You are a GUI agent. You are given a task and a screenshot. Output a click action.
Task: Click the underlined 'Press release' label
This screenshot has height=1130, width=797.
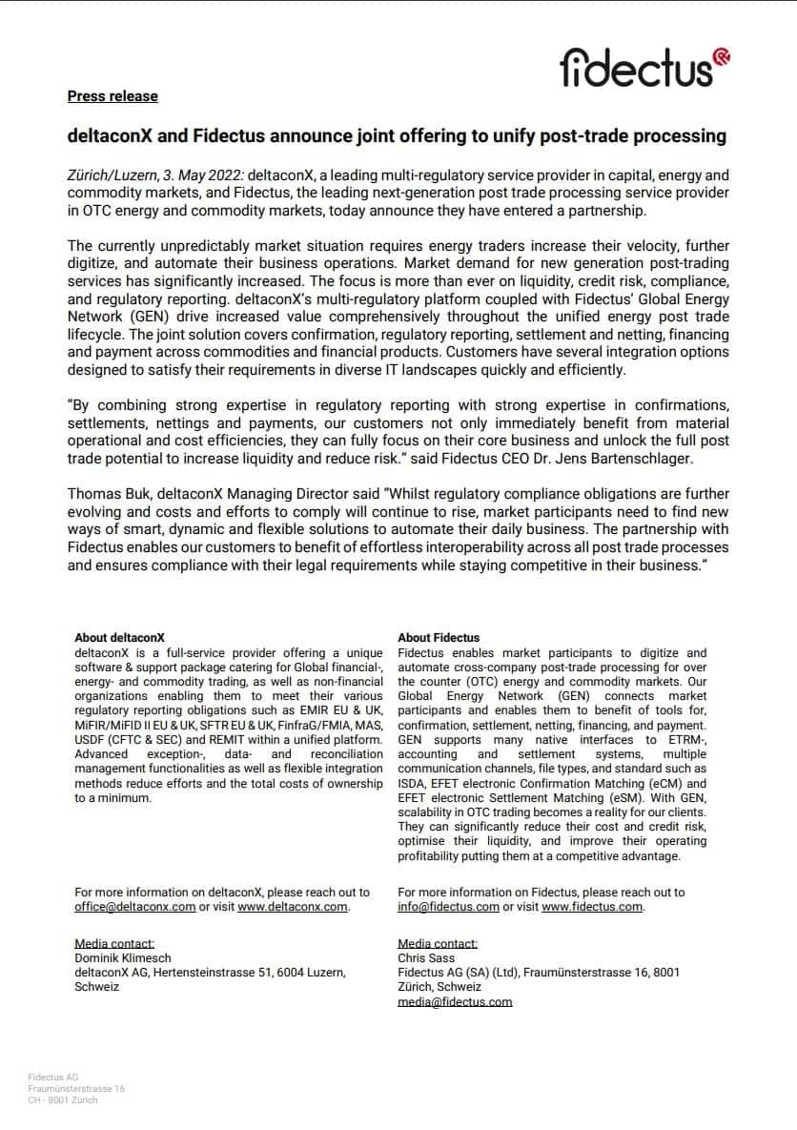tap(112, 96)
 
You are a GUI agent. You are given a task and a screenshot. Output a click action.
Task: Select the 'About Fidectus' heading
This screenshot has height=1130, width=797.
tap(439, 638)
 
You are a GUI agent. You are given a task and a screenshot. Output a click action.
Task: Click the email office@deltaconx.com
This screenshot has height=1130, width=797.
tap(135, 907)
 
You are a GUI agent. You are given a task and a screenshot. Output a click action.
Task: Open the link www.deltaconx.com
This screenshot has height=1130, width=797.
tap(293, 907)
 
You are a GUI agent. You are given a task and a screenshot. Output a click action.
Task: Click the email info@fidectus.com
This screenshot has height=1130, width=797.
tap(448, 907)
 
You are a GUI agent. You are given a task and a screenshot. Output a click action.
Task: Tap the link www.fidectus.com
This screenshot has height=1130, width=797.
tap(592, 907)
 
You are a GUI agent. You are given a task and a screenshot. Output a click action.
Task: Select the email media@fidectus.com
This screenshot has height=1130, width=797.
tap(455, 1002)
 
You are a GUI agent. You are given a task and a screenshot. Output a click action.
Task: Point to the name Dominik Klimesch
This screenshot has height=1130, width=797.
tap(122, 958)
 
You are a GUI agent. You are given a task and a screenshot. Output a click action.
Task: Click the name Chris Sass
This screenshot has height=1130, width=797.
tap(426, 958)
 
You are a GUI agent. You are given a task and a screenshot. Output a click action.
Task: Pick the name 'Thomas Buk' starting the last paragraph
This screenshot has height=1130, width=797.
tap(102, 494)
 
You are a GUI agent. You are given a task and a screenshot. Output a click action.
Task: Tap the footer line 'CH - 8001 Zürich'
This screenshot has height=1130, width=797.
tap(63, 1099)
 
